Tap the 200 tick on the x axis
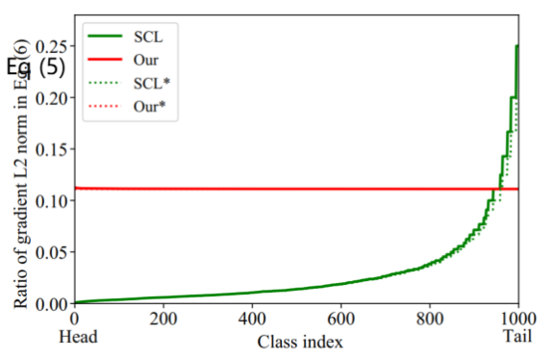pyautogui.click(x=163, y=319)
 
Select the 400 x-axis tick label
pyautogui.click(x=252, y=319)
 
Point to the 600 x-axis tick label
pyautogui.click(x=340, y=319)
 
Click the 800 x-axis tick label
pyautogui.click(x=430, y=319)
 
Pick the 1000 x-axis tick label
pyautogui.click(x=517, y=319)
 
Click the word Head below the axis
pyautogui.click(x=79, y=337)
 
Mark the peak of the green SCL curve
pyautogui.click(x=517, y=46)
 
